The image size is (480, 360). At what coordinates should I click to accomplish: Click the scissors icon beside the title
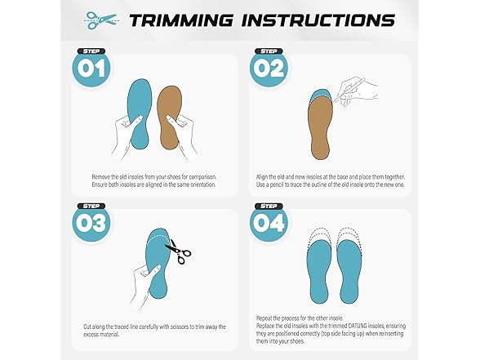[x=101, y=20]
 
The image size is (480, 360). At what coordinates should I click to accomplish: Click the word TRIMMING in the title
[x=181, y=20]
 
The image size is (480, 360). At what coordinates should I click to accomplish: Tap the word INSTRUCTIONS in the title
[x=318, y=20]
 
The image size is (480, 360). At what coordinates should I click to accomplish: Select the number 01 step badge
[x=91, y=67]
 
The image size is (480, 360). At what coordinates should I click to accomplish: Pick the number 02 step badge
[x=269, y=67]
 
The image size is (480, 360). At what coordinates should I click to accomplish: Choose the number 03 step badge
[x=91, y=222]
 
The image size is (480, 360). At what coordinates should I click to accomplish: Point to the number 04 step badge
[x=269, y=222]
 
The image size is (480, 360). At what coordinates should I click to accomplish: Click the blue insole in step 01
[x=140, y=113]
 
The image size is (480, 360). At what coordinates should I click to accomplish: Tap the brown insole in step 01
[x=170, y=118]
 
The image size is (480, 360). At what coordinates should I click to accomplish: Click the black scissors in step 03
[x=179, y=251]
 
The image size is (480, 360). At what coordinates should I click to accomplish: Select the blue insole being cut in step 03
[x=158, y=263]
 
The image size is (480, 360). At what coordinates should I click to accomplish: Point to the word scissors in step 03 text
[x=184, y=327]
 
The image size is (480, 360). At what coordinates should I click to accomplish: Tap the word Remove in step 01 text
[x=100, y=177]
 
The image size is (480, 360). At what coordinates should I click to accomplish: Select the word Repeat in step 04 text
[x=264, y=318]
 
